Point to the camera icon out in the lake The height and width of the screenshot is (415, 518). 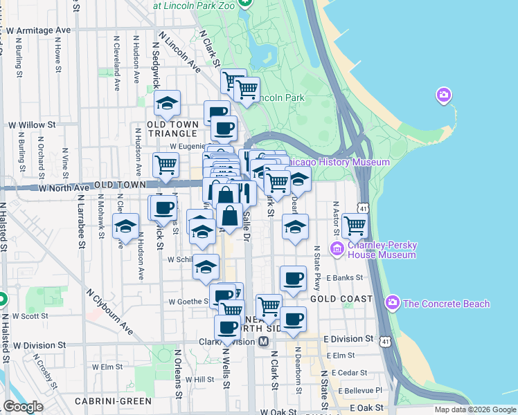(x=443, y=95)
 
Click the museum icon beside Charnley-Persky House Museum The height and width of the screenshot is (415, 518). (x=337, y=249)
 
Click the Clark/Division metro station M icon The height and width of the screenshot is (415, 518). (x=263, y=342)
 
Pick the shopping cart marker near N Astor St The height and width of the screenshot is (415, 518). (x=355, y=225)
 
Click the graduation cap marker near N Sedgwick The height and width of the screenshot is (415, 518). (x=166, y=104)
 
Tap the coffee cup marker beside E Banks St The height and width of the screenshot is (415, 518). (x=293, y=278)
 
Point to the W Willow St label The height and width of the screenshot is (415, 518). (x=31, y=125)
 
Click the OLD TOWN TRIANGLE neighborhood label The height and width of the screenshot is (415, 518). (x=173, y=129)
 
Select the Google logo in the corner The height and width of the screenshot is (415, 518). (x=23, y=407)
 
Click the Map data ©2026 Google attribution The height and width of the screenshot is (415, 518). (x=474, y=409)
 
